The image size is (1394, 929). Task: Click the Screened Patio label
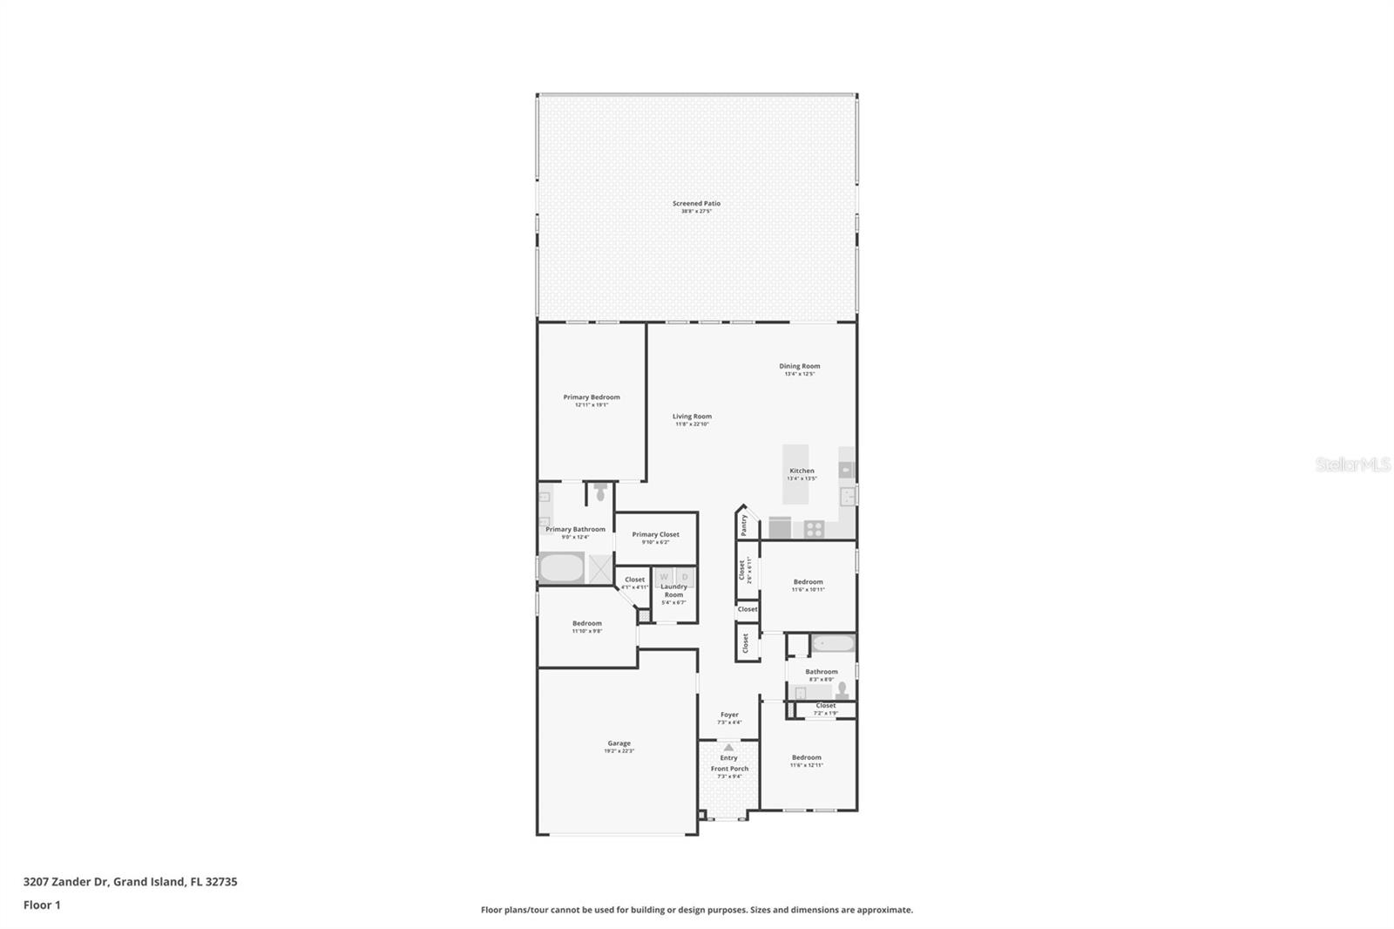696,204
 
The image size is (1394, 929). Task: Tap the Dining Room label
799,367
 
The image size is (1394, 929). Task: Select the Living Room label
692,417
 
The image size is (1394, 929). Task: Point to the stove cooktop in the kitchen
814,528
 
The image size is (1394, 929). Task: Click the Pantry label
744,524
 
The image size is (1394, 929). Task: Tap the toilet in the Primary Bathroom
600,493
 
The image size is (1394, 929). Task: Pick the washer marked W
664,577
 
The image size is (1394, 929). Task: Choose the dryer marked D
685,577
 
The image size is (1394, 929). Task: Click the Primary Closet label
655,535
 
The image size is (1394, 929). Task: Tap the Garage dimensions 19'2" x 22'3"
619,751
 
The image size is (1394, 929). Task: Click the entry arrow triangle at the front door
728,747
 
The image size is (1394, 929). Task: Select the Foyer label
729,715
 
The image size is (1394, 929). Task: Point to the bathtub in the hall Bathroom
832,645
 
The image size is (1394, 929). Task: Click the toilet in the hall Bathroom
842,689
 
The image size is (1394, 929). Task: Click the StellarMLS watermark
1352,465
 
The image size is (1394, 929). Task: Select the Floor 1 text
42,905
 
